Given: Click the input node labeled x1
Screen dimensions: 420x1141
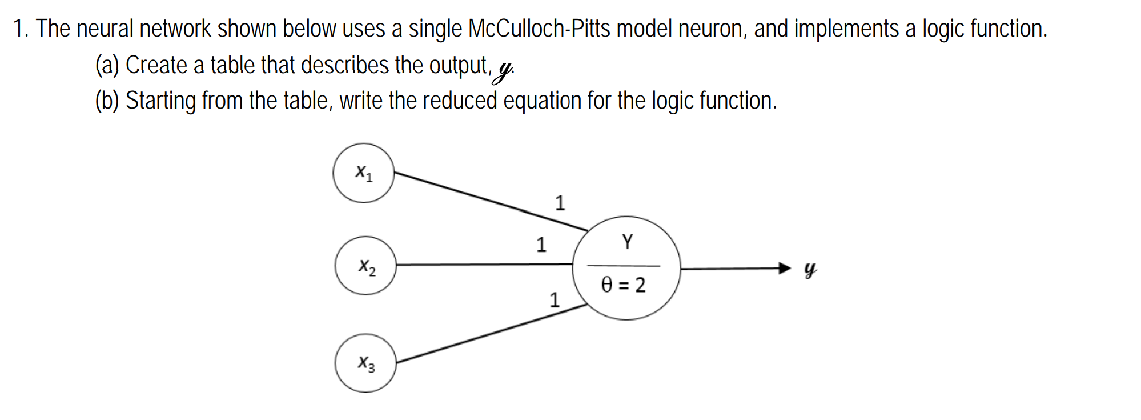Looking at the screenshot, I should [x=364, y=173].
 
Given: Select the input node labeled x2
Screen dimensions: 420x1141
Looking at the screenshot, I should [x=365, y=266].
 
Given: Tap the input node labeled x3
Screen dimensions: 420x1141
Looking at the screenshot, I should [x=365, y=363].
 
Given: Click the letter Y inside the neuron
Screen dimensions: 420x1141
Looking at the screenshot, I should [x=627, y=242].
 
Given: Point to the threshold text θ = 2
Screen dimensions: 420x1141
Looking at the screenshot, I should [x=624, y=285].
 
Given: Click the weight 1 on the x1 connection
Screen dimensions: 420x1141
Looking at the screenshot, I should [x=560, y=203].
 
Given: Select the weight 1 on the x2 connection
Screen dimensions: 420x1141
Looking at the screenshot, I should [x=541, y=245].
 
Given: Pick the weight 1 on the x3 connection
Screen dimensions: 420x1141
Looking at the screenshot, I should [x=554, y=299].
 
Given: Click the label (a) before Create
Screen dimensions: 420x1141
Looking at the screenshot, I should [x=107, y=65].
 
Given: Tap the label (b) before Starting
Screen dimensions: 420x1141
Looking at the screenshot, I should [x=107, y=101].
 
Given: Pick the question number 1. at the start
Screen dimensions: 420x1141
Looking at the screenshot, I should [x=22, y=29].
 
